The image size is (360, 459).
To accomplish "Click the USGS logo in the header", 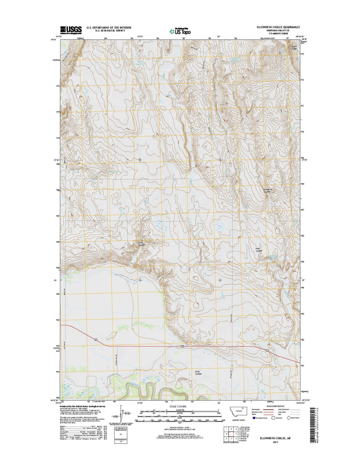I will point(71,29).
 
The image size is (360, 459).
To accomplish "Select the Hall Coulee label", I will point(259,250).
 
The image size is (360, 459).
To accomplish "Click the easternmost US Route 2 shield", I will point(267,350).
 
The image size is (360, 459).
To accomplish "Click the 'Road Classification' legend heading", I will point(276,406).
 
